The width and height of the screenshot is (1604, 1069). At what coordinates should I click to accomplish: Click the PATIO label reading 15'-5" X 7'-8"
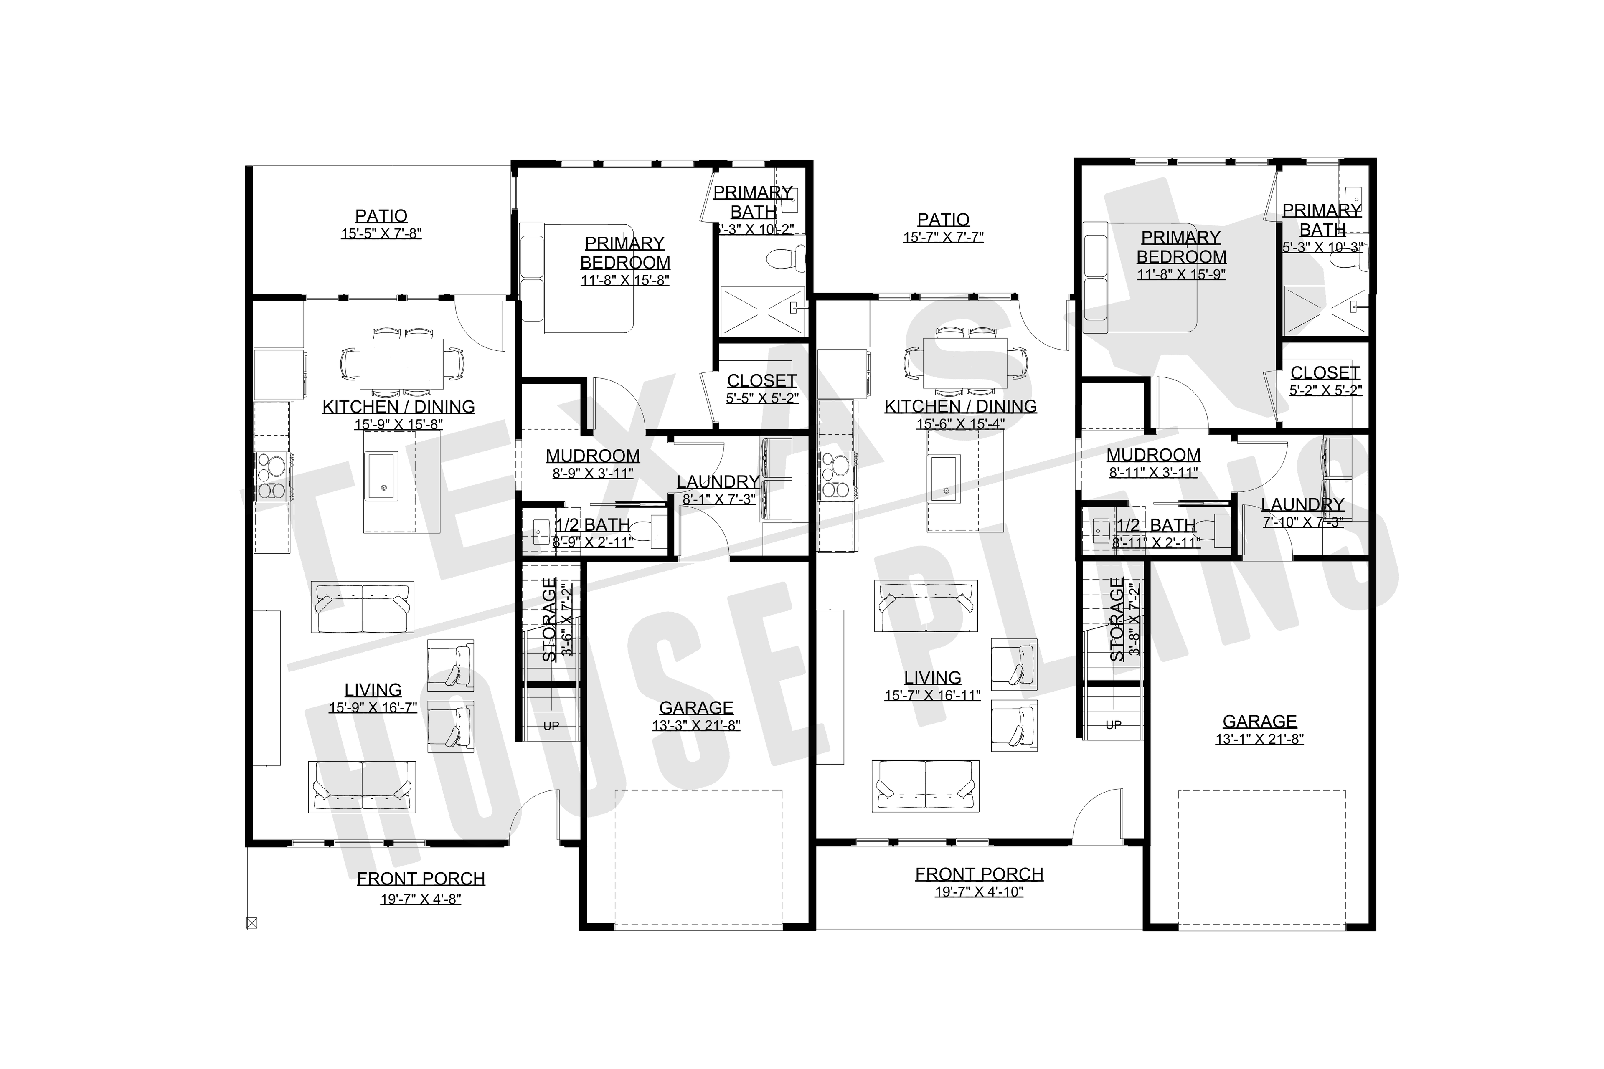pyautogui.click(x=381, y=216)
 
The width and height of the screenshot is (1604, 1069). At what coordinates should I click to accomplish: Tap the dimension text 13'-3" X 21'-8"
pyautogui.click(x=695, y=725)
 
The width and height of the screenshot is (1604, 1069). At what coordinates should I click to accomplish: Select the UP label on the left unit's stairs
pyautogui.click(x=551, y=726)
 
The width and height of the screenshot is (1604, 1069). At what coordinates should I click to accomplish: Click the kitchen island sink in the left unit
pyautogui.click(x=382, y=476)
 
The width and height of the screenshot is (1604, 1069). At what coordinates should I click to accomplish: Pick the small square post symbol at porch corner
pyautogui.click(x=251, y=923)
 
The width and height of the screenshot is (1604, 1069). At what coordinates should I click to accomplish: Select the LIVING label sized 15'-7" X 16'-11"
pyautogui.click(x=932, y=678)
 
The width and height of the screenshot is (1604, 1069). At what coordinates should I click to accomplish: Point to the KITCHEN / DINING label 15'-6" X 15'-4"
pyautogui.click(x=960, y=406)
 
